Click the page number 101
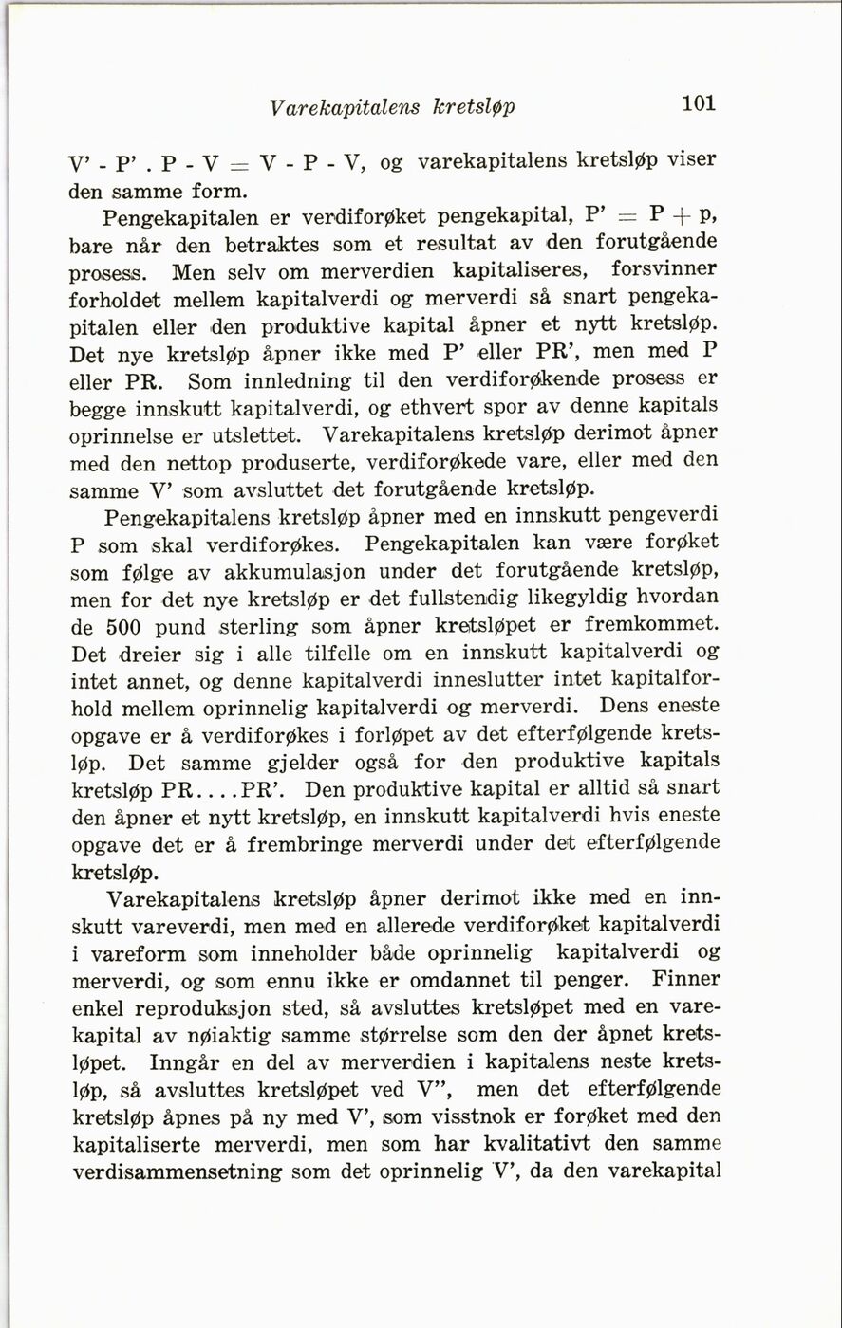coord(699,104)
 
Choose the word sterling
coord(259,628)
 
